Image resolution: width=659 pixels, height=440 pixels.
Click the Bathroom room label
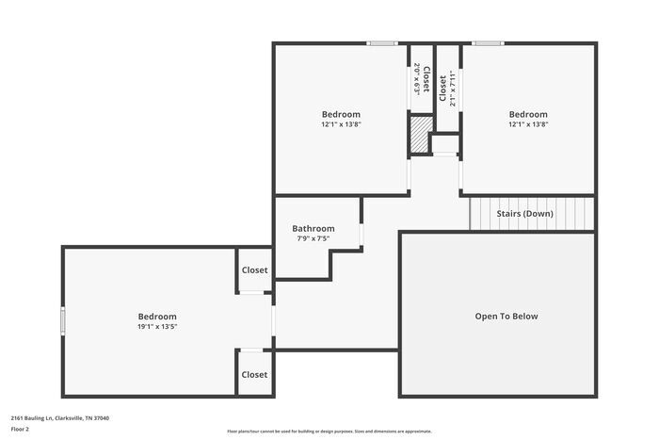[x=313, y=228]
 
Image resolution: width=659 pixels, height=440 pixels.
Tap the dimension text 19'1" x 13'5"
[x=157, y=327]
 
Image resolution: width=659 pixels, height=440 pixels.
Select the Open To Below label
[x=506, y=317]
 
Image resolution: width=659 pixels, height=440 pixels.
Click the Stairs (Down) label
[x=524, y=214]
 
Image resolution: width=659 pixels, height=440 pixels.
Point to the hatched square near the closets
[x=418, y=133]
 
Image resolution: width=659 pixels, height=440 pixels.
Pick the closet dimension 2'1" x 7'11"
[x=453, y=89]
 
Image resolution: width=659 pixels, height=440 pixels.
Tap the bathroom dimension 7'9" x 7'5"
[x=313, y=239]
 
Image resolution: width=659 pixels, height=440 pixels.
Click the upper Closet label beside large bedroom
[x=254, y=270]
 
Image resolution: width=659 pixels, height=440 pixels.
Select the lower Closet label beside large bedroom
[x=254, y=374]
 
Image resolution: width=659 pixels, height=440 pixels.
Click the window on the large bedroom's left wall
[x=63, y=320]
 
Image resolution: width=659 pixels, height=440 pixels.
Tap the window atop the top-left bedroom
[x=381, y=42]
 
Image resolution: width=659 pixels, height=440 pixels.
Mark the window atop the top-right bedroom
[x=487, y=42]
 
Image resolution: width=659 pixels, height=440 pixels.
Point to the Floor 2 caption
[x=20, y=429]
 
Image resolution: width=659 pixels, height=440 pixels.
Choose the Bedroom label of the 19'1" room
[x=157, y=317]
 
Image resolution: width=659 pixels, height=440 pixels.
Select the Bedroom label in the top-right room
[x=528, y=115]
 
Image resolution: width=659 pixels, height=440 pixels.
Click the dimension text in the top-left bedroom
[x=341, y=124]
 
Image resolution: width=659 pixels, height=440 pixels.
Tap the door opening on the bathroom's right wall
[x=362, y=234]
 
